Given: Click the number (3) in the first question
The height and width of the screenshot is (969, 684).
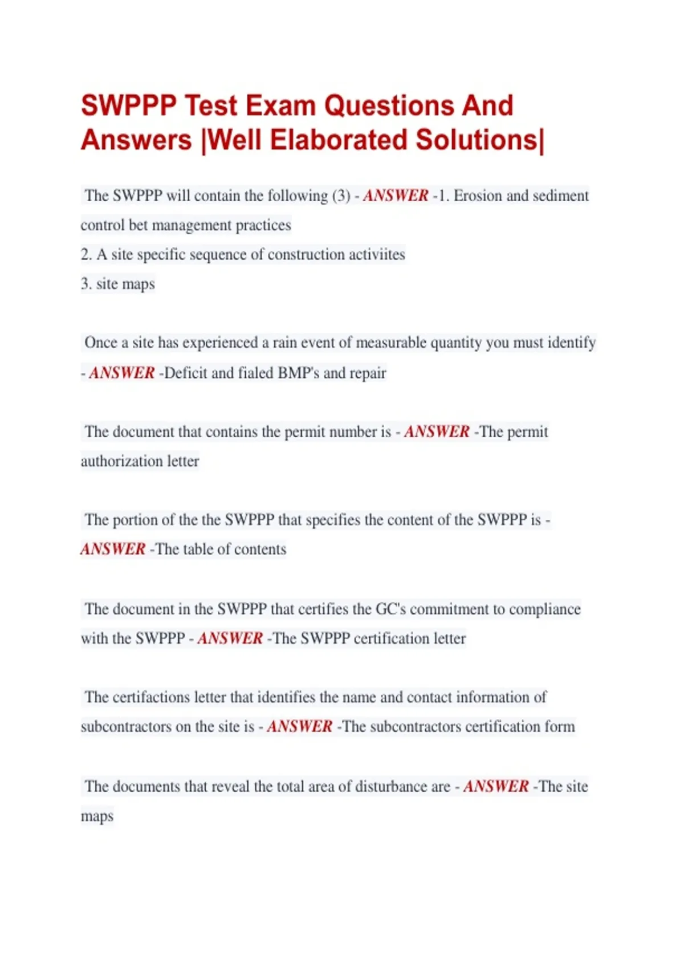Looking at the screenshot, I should [x=341, y=196].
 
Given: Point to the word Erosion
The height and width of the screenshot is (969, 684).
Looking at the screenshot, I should [x=478, y=196].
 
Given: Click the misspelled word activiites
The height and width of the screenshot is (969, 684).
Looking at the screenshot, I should [x=377, y=254].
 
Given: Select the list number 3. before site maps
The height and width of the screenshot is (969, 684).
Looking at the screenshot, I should [x=86, y=284].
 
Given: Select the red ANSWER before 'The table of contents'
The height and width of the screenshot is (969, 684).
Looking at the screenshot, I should [x=113, y=549].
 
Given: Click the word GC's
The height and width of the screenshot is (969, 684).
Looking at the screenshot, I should [x=390, y=609].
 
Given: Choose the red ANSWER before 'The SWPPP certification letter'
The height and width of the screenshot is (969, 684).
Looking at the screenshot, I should [x=230, y=638].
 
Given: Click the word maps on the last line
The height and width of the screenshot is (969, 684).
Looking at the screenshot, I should [x=97, y=816].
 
